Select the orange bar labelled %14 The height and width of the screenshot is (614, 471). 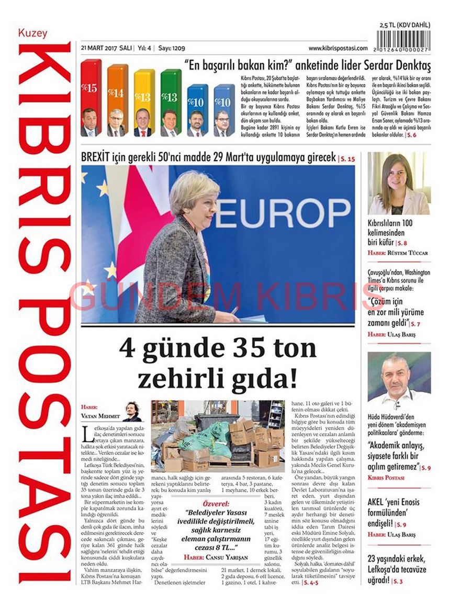[117, 92]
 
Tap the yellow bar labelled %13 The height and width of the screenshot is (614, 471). [144, 94]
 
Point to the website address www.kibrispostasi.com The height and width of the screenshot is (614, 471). [338, 48]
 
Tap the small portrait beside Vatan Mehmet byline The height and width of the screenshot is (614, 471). [132, 411]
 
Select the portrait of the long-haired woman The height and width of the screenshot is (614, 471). [399, 184]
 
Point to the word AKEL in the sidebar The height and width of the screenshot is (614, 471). [378, 502]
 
